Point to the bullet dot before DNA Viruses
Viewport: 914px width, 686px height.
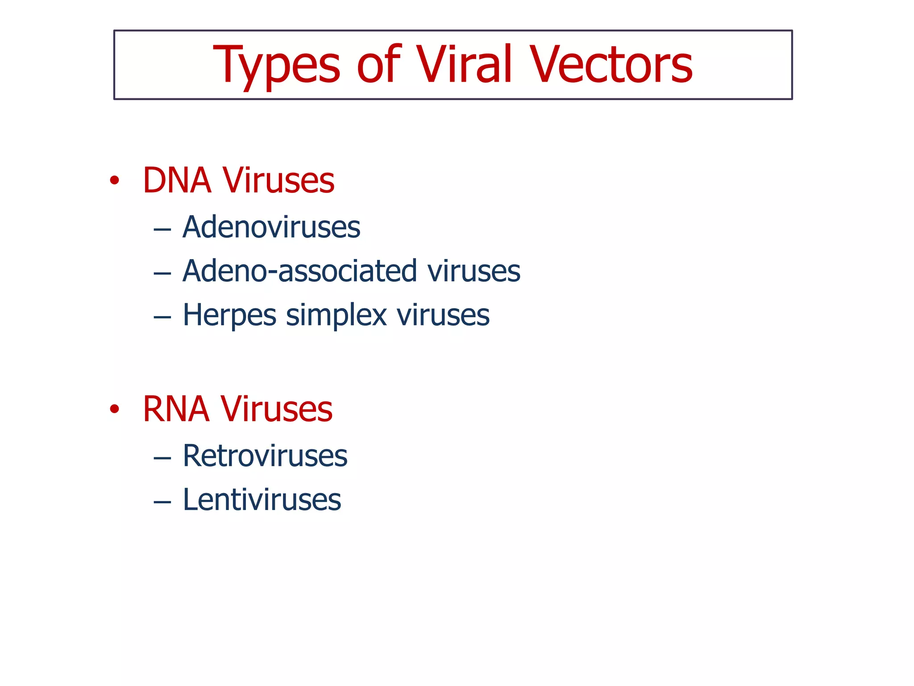tap(115, 180)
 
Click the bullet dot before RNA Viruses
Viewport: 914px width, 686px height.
tap(115, 409)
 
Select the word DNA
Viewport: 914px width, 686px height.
tap(177, 180)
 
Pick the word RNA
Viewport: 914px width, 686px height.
tap(176, 409)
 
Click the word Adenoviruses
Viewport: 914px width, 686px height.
tap(271, 227)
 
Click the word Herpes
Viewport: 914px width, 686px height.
tap(229, 315)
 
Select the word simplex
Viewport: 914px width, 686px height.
tap(336, 315)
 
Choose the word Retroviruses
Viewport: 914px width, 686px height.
tap(265, 456)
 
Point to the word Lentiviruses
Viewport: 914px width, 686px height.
tap(262, 500)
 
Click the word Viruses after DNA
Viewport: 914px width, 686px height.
tap(278, 180)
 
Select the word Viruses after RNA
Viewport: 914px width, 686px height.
tap(276, 409)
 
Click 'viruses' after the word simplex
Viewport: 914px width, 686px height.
tap(443, 315)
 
